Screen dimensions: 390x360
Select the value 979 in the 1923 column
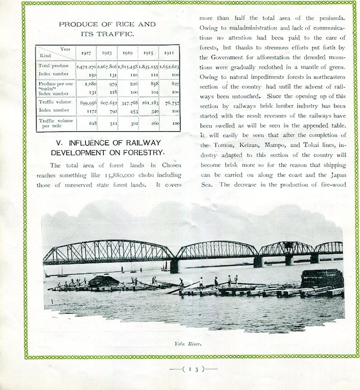113,82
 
